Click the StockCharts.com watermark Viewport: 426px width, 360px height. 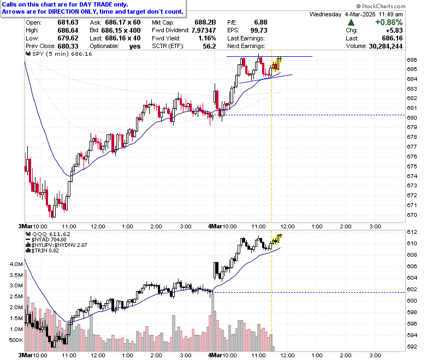pos(381,6)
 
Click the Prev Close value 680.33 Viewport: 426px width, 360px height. pos(68,46)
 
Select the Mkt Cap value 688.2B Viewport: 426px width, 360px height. pos(205,22)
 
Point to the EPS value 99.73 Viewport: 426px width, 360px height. pos(259,30)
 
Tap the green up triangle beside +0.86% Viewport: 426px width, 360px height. pos(351,22)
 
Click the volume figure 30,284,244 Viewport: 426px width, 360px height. pos(386,46)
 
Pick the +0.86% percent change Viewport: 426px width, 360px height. pos(389,22)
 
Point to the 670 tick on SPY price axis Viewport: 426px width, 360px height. pos(412,215)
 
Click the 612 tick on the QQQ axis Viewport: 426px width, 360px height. pos(412,232)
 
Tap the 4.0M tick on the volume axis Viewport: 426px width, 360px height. pos(16,264)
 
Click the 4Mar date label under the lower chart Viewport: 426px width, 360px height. pos(215,355)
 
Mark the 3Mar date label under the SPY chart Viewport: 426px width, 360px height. pos(25,226)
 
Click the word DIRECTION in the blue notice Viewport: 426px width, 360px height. pos(64,11)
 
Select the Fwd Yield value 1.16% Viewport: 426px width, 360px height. pos(207,38)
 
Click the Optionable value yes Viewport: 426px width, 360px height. pos(135,46)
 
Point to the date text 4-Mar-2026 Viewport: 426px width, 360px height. pos(360,14)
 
